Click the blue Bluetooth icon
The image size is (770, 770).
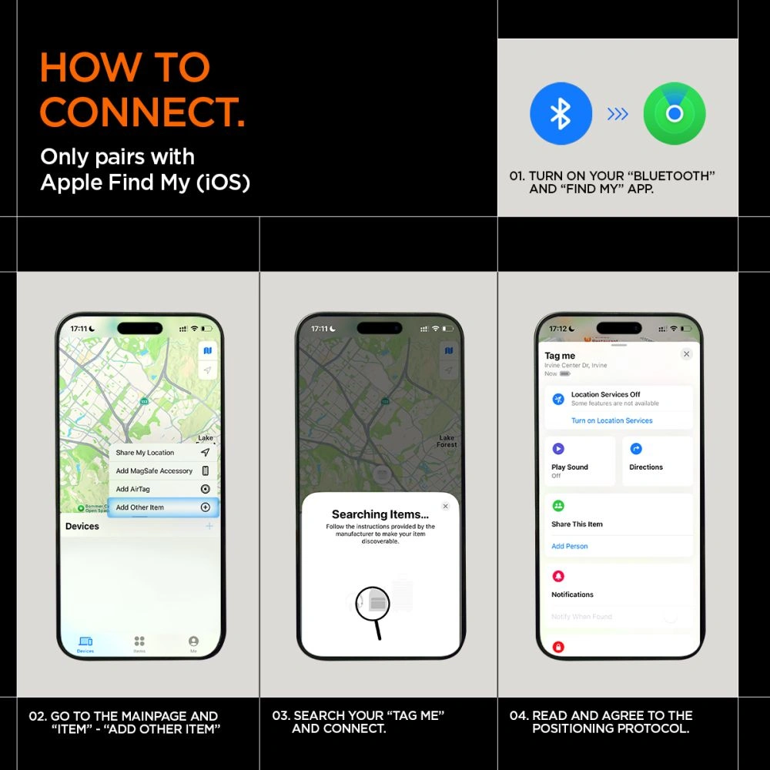pyautogui.click(x=561, y=114)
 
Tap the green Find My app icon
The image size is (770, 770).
pyautogui.click(x=675, y=114)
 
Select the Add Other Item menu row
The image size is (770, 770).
pyautogui.click(x=162, y=507)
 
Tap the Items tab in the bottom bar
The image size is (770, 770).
pyautogui.click(x=139, y=644)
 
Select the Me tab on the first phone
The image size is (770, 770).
pyautogui.click(x=193, y=644)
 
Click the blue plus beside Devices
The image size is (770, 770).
pyautogui.click(x=209, y=526)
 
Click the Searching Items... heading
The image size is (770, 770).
pyautogui.click(x=380, y=514)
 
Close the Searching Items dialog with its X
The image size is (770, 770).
pyautogui.click(x=445, y=506)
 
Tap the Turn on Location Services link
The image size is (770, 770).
pyautogui.click(x=611, y=420)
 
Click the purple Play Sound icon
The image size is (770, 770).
pyautogui.click(x=558, y=449)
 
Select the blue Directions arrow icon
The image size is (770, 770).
pyautogui.click(x=636, y=449)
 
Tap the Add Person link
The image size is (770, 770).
pyautogui.click(x=570, y=546)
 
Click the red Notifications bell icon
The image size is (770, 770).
pyautogui.click(x=558, y=576)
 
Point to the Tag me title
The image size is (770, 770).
pyautogui.click(x=560, y=356)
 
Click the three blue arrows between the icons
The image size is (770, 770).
pyautogui.click(x=618, y=114)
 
